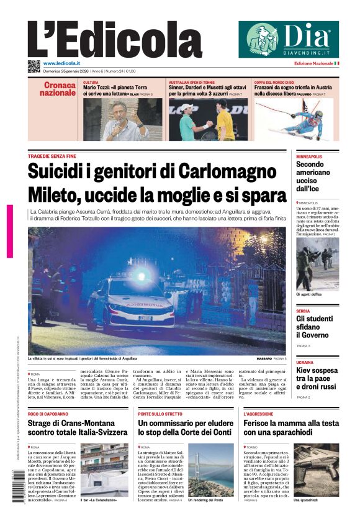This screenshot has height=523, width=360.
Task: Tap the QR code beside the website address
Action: (x=34, y=65)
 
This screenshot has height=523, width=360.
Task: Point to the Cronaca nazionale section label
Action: (x=58, y=88)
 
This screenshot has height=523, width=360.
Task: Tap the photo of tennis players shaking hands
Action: (x=208, y=119)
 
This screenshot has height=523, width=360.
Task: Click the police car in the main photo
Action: (x=130, y=301)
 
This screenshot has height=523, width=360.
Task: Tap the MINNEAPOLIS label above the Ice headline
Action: (x=309, y=156)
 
